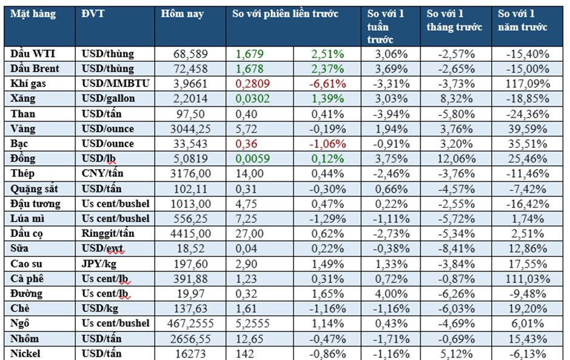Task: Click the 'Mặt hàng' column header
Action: tap(33, 14)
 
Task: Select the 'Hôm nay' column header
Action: tap(183, 14)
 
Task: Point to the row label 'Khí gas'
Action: tap(28, 84)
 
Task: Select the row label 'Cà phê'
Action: tap(27, 278)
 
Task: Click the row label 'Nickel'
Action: tap(25, 353)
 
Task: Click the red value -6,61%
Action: tap(327, 84)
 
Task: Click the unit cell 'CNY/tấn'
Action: tap(102, 173)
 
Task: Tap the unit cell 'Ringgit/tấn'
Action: tap(108, 233)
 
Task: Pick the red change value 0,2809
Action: tap(252, 84)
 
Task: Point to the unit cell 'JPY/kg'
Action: tap(98, 263)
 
